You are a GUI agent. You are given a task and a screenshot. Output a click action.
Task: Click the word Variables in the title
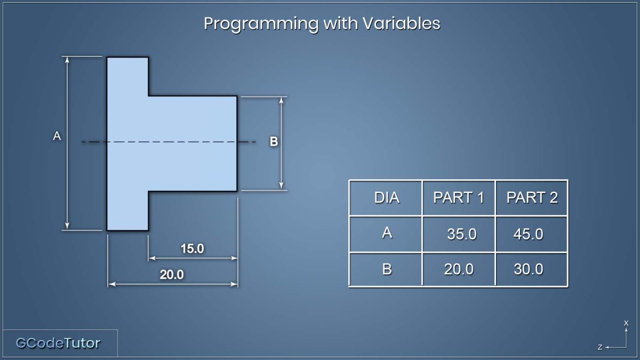coord(402,23)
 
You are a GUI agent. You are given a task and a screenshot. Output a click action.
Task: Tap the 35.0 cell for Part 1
coord(462,234)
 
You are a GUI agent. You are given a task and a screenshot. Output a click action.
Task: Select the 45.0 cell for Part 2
coord(529,234)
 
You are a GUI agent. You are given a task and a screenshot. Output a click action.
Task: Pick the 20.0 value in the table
coord(459,269)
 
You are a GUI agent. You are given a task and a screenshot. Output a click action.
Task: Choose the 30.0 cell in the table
coord(529,269)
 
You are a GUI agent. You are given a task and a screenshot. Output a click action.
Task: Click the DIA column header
coord(387,197)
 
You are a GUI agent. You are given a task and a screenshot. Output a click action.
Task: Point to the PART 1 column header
coord(459,197)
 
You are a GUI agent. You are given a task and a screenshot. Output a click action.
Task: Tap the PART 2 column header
coord(532,197)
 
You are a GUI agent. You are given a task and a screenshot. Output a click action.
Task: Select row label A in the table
coord(387,233)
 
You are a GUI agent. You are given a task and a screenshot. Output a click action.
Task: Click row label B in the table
coord(387,269)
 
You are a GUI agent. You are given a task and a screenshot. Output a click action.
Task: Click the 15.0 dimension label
coord(193,249)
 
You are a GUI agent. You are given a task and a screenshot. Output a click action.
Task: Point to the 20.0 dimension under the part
coord(172,275)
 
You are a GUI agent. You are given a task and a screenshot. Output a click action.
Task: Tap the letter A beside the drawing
coord(57,136)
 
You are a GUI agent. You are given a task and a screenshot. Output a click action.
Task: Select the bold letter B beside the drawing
coord(274,141)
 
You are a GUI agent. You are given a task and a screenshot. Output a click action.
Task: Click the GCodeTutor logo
coord(58,343)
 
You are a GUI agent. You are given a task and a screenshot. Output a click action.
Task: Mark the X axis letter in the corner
coord(626,323)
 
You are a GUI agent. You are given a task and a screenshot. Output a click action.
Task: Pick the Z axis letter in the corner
coord(600,347)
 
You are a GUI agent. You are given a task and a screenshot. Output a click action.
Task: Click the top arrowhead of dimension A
coord(67,59)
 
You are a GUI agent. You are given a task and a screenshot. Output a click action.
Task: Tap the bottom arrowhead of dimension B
coord(281,186)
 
